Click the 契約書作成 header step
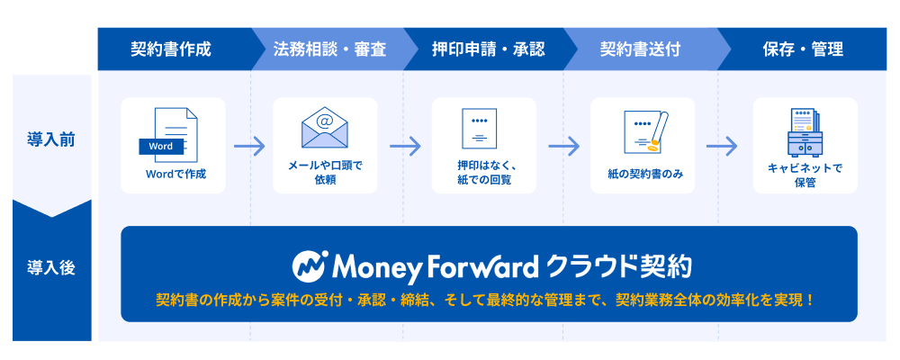pos(171,49)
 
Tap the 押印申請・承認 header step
pos(489,49)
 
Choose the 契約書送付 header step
pos(640,49)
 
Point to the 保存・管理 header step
pos(803,49)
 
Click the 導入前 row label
pos(51,140)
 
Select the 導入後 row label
pos(51,268)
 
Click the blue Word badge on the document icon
pos(161,147)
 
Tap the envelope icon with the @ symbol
pos(325,128)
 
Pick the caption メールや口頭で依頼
pos(325,173)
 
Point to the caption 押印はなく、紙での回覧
pos(484,173)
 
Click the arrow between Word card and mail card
pos(249,146)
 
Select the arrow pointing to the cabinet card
pos(722,146)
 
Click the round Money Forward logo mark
pos(310,266)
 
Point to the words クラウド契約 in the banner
pos(619,266)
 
